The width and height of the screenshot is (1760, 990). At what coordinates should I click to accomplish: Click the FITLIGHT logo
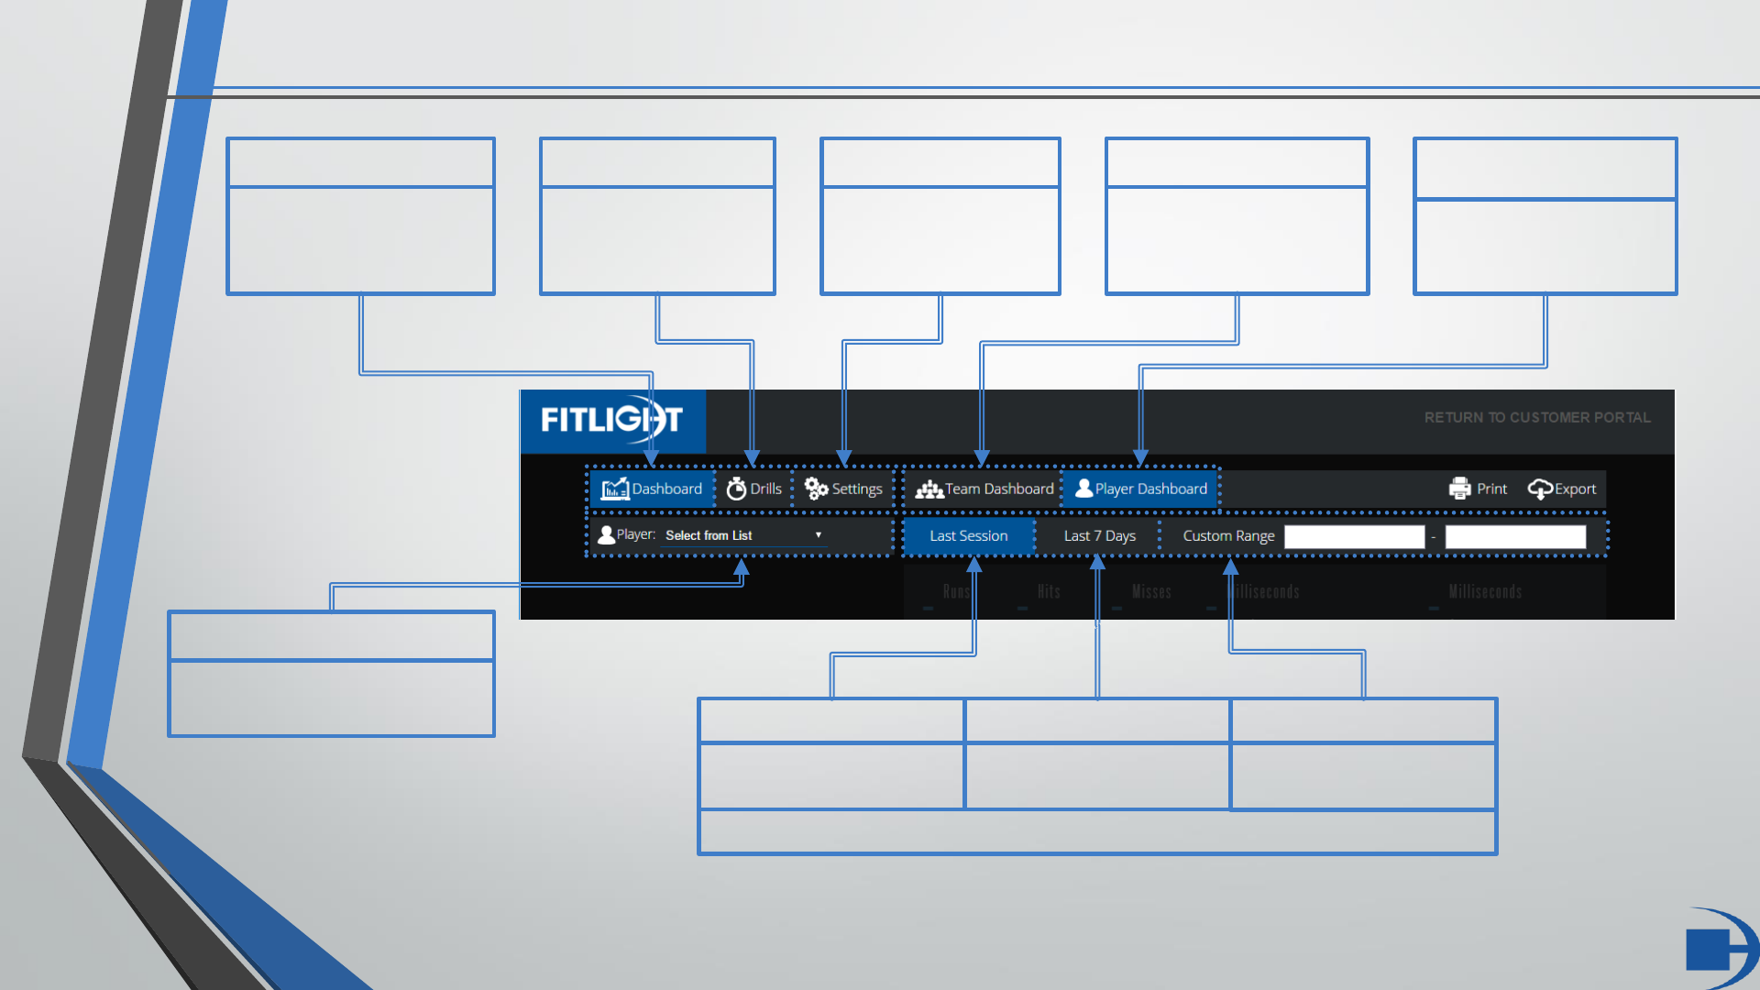pyautogui.click(x=611, y=420)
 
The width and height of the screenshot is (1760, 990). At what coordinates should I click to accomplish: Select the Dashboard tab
pyautogui.click(x=652, y=489)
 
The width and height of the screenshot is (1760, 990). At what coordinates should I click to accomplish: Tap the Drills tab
pyautogui.click(x=754, y=489)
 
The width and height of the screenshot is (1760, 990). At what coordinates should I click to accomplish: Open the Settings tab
pyautogui.click(x=843, y=489)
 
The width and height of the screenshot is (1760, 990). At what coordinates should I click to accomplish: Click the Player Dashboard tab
pyautogui.click(x=1141, y=489)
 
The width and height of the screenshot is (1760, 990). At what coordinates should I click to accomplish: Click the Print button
pyautogui.click(x=1478, y=489)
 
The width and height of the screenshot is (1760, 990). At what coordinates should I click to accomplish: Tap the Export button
pyautogui.click(x=1562, y=489)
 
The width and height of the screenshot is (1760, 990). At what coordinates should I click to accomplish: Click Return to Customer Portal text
pyautogui.click(x=1537, y=418)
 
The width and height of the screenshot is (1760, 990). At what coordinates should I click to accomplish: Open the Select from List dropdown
pyautogui.click(x=742, y=535)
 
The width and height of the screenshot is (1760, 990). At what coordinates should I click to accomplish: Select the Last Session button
pyautogui.click(x=968, y=536)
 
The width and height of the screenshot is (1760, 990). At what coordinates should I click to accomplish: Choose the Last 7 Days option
pyautogui.click(x=1099, y=536)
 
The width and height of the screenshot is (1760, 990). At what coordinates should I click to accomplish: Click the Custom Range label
pyautogui.click(x=1228, y=536)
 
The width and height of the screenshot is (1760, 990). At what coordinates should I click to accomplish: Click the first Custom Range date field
pyautogui.click(x=1354, y=537)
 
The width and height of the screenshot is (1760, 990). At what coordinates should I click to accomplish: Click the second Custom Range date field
pyautogui.click(x=1515, y=537)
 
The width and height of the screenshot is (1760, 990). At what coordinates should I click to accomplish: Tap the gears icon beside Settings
pyautogui.click(x=816, y=489)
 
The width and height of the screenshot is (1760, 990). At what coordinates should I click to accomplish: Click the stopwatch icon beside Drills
pyautogui.click(x=736, y=489)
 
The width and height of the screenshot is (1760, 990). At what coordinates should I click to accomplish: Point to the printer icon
pyautogui.click(x=1459, y=489)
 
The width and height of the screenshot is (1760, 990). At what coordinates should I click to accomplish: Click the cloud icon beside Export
pyautogui.click(x=1540, y=489)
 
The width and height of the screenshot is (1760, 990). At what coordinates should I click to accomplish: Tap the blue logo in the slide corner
pyautogui.click(x=1718, y=948)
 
